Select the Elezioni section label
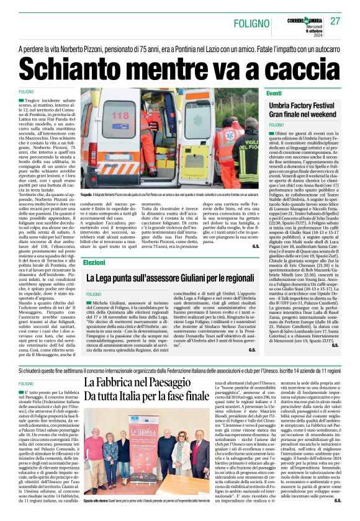[x=94, y=263]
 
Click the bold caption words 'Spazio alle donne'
[x=97, y=509]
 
